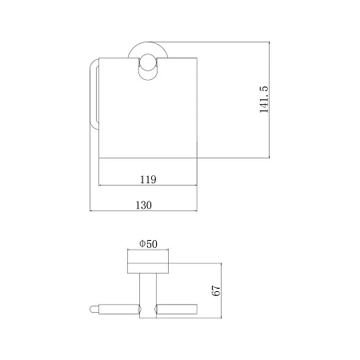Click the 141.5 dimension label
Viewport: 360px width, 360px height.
264,99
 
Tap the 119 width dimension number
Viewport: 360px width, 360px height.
148,179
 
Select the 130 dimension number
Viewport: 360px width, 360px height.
144,205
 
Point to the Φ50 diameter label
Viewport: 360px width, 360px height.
148,244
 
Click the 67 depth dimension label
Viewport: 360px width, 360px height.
216,290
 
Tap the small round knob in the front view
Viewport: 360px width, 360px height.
147,62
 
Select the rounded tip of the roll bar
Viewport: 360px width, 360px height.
94,310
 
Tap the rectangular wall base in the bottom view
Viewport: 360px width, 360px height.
148,262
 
